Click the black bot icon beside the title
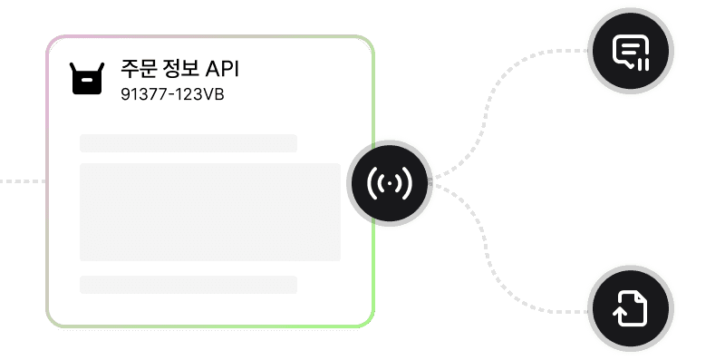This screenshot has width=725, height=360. coord(87,79)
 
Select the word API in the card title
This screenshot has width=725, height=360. coord(222,70)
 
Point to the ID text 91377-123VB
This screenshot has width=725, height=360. coord(172,94)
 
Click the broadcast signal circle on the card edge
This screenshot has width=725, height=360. coord(390,183)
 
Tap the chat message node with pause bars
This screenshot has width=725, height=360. coord(631,51)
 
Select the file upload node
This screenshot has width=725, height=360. coord(631,308)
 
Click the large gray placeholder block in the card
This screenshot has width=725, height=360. coord(210,212)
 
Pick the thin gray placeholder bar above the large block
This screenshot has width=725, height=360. coord(188,143)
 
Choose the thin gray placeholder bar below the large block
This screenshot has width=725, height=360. coord(188,285)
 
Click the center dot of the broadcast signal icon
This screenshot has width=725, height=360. coord(390,184)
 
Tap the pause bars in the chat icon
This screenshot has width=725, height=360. coord(643,64)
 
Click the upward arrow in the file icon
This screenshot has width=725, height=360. coord(621,316)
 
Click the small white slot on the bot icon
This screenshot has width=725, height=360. coord(87,80)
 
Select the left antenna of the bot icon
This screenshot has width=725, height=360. coord(72,68)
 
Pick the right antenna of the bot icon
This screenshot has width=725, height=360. coord(101,68)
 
